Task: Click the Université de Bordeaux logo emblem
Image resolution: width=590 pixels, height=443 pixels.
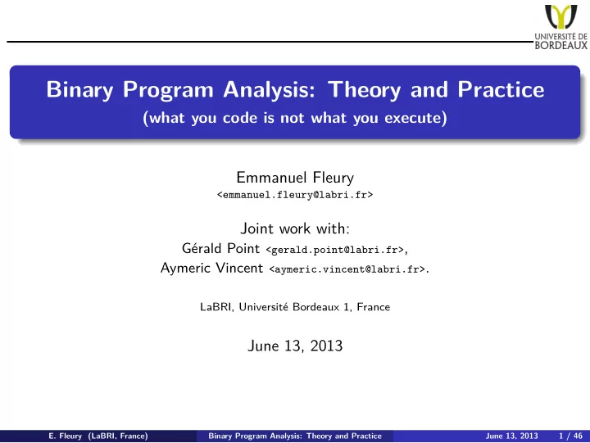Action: tap(560, 16)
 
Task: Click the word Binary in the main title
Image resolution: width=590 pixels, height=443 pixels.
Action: tap(79, 90)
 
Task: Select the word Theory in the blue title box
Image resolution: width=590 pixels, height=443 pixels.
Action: tap(364, 90)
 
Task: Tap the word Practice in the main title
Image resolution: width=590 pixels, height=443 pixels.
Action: tap(501, 89)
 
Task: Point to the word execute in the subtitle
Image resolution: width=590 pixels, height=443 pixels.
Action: tap(413, 118)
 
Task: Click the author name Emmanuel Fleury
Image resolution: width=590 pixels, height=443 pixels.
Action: tap(295, 178)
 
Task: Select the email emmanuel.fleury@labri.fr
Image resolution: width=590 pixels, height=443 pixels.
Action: tap(295, 195)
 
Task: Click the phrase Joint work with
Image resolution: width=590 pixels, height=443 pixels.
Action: tap(295, 228)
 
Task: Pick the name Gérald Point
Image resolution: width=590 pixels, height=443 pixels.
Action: tap(220, 249)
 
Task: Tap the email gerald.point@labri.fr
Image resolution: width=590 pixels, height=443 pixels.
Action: tap(335, 250)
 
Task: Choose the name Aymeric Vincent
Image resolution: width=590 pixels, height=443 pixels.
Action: tap(211, 268)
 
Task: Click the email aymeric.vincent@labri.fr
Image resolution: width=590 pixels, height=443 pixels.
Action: tap(347, 269)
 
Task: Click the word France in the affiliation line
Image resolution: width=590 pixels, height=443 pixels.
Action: tap(374, 307)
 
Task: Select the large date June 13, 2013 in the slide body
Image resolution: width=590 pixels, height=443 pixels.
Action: tap(295, 346)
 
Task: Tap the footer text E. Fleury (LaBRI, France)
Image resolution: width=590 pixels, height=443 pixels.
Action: tap(98, 436)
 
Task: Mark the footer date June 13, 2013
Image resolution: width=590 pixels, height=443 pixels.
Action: tap(511, 436)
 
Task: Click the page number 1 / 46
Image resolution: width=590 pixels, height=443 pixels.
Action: tap(570, 436)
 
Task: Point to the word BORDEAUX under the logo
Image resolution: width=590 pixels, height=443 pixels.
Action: tap(561, 46)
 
